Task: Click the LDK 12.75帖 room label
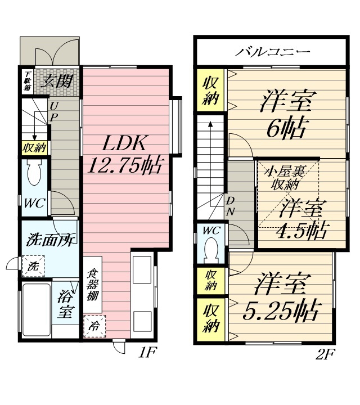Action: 125,154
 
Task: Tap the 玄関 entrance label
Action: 57,81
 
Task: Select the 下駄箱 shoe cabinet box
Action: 27,81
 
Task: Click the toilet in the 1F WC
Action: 34,172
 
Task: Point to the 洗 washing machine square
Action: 33,266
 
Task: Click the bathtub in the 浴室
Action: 36,310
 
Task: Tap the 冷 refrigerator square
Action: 94,326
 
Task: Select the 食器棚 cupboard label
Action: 92,285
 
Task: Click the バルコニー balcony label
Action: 272,52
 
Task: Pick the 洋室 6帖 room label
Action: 287,114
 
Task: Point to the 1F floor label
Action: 147,352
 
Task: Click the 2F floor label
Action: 325,354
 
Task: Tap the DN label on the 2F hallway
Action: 231,206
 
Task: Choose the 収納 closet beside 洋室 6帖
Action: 211,91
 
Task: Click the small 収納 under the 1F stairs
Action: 34,148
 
